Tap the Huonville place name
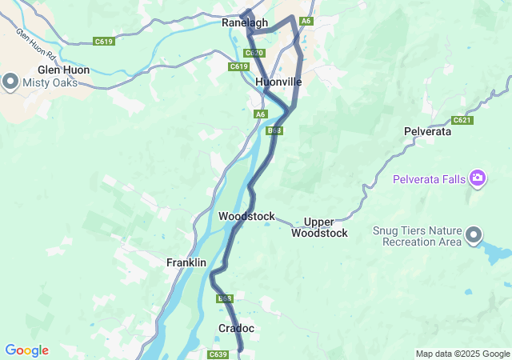point(278,82)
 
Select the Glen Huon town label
point(63,70)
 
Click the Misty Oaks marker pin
point(10,81)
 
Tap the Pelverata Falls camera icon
point(478,177)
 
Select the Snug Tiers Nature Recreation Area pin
point(474,234)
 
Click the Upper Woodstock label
point(319,227)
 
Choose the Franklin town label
point(186,262)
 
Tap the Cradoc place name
point(236,329)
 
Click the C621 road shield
point(462,120)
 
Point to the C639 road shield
point(218,354)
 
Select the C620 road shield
point(254,53)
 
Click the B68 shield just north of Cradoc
point(225,298)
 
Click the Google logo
point(26,350)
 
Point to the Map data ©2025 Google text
point(462,354)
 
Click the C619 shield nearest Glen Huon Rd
point(103,41)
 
